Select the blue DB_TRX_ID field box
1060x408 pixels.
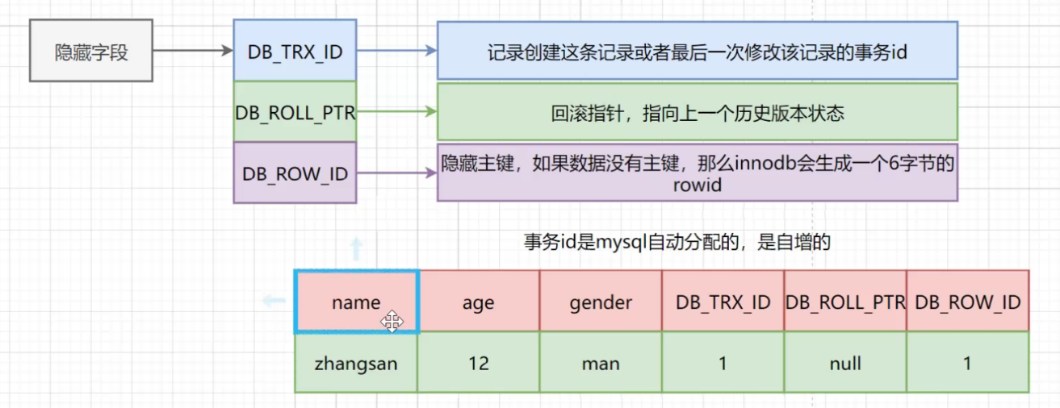pyautogui.click(x=295, y=52)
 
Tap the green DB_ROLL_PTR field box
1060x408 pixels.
pyautogui.click(x=295, y=112)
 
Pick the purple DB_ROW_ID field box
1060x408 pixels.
pyautogui.click(x=295, y=173)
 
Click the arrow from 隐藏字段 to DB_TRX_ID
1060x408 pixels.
pyautogui.click(x=192, y=51)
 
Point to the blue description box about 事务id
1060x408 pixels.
pyautogui.click(x=697, y=51)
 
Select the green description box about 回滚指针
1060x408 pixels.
pyautogui.click(x=697, y=112)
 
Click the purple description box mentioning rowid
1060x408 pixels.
pyautogui.click(x=697, y=173)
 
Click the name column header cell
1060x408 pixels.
pyautogui.click(x=356, y=302)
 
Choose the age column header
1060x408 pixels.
pyautogui.click(x=479, y=302)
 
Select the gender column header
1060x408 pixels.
pyautogui.click(x=601, y=302)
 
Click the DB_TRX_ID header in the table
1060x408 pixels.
pyautogui.click(x=723, y=302)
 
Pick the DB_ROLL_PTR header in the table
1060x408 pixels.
pyautogui.click(x=844, y=302)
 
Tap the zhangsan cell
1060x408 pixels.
pyautogui.click(x=356, y=363)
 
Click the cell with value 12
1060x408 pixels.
pyautogui.click(x=479, y=363)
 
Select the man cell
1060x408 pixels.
pyautogui.click(x=601, y=363)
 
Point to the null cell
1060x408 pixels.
pyautogui.click(x=844, y=363)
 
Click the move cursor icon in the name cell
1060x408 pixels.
pyautogui.click(x=392, y=323)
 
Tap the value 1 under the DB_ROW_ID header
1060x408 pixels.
pyautogui.click(x=967, y=363)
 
